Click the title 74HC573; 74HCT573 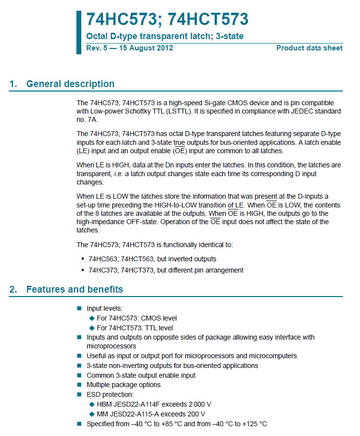[167, 19]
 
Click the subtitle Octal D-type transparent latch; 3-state [165, 36]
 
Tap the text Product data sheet [309, 48]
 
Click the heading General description [70, 84]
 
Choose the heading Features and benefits [74, 289]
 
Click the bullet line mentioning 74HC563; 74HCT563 [152, 259]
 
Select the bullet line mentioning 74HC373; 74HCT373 [166, 270]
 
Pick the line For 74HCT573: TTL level [135, 328]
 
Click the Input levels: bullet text [104, 309]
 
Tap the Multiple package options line [123, 385]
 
